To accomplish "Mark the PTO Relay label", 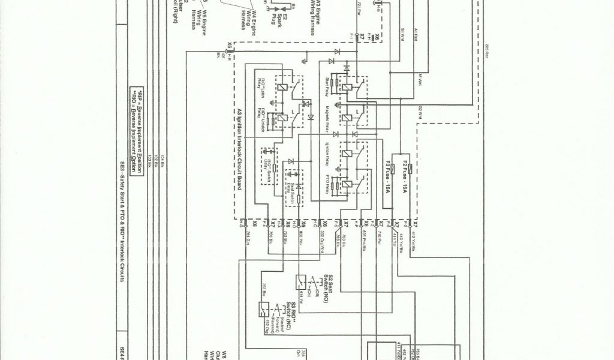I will coord(329,187).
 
